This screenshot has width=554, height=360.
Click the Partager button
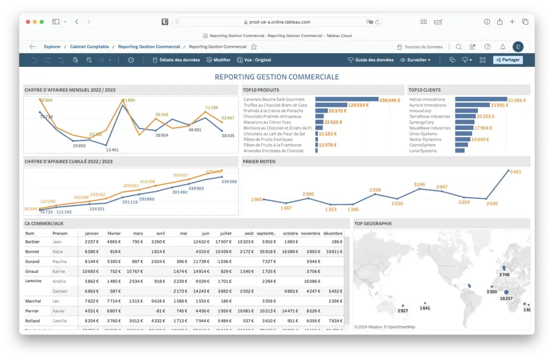tap(508, 60)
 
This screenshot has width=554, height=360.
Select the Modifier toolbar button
tap(218, 60)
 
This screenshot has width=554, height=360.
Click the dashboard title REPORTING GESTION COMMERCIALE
tap(277, 77)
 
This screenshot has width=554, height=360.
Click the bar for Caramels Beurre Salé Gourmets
tap(347, 99)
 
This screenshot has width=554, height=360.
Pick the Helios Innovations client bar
tap(481, 99)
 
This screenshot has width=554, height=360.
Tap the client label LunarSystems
tap(423, 151)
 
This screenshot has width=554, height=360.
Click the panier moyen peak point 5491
tap(509, 171)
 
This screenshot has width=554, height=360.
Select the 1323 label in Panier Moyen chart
tap(331, 209)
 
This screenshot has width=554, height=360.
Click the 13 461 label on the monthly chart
tap(112, 150)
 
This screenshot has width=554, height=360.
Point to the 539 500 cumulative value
tap(229, 181)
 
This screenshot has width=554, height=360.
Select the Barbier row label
tap(32, 242)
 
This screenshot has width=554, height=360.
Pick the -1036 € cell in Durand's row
tap(223, 262)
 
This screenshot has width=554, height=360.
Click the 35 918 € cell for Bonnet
tap(267, 252)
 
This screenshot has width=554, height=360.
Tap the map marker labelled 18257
tap(506, 292)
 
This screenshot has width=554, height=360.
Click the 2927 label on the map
tap(403, 311)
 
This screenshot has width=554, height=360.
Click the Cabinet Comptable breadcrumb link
tap(89, 47)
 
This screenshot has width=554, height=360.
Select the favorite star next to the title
tap(254, 47)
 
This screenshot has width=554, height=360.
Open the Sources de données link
tap(423, 47)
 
